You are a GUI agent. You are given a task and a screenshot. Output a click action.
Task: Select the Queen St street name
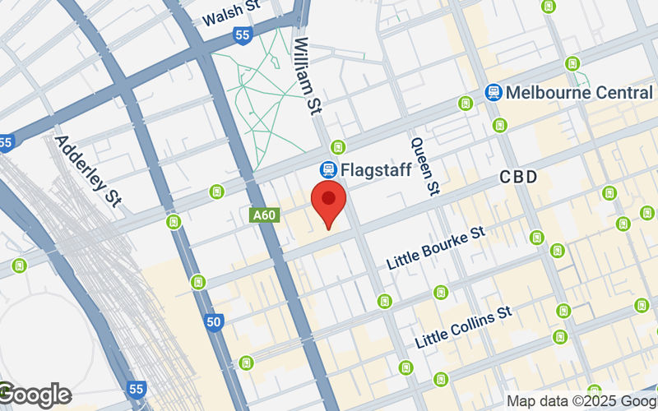424,165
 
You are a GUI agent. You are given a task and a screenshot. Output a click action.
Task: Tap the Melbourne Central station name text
579,92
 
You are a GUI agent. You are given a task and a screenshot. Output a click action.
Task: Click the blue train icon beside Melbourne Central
493,92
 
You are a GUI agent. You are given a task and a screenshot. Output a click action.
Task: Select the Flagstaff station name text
376,170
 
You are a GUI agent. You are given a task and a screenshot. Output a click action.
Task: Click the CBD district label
518,178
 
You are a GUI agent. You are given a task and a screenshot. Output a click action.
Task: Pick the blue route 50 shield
214,322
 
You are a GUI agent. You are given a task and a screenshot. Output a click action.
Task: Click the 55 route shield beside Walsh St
242,35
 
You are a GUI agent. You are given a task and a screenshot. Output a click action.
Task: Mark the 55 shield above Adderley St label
6,141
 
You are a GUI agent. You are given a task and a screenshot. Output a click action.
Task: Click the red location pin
330,205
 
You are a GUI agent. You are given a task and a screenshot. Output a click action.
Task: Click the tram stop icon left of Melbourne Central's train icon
466,104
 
